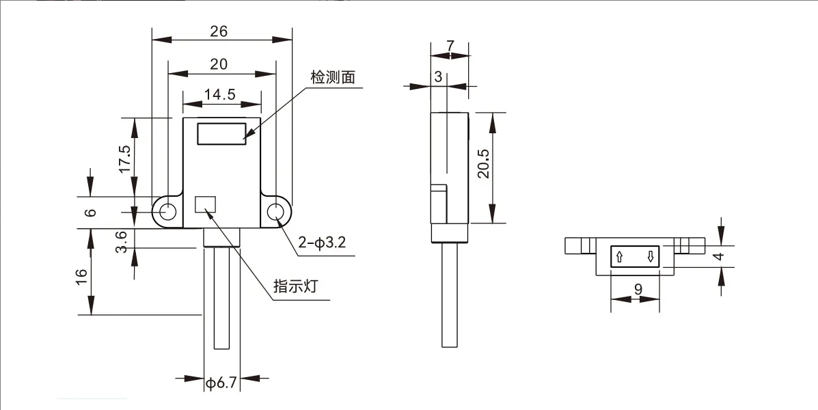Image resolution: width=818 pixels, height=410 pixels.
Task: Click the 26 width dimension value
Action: click(x=219, y=31)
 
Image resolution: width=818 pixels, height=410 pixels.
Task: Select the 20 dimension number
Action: click(x=219, y=64)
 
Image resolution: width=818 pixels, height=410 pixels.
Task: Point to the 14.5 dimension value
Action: click(x=219, y=95)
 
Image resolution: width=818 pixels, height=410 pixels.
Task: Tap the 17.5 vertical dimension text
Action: click(x=124, y=159)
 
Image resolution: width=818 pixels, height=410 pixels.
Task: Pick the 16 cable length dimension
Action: click(x=82, y=277)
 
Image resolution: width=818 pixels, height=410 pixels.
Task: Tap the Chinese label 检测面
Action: click(x=333, y=77)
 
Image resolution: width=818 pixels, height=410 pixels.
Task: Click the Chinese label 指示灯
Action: click(x=296, y=286)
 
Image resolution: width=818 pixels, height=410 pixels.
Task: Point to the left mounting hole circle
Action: click(x=166, y=213)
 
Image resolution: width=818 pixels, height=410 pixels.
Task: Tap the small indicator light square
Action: click(x=205, y=204)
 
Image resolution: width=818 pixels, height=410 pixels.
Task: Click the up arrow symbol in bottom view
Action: click(x=619, y=258)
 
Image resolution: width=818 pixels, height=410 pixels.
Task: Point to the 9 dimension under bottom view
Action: click(x=638, y=289)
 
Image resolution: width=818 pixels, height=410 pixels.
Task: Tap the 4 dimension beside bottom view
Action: click(x=717, y=257)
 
